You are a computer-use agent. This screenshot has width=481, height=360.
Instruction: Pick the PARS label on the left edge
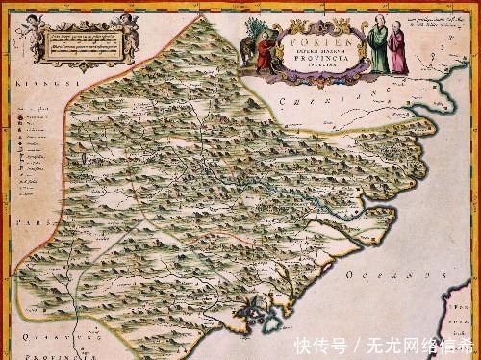[27, 219]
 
